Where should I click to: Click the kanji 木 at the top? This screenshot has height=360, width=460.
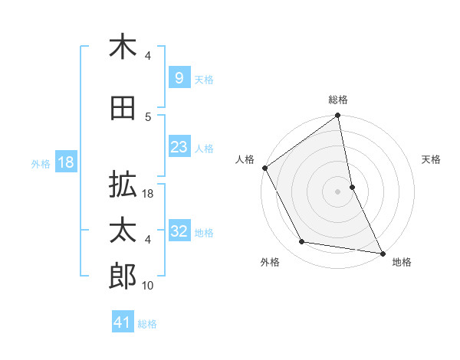pyautogui.click(x=123, y=47)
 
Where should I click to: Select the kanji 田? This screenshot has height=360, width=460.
pyautogui.click(x=123, y=109)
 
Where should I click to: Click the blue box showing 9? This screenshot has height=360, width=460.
pyautogui.click(x=179, y=78)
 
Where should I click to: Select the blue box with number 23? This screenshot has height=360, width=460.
pyautogui.click(x=179, y=148)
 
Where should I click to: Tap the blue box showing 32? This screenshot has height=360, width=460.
pyautogui.click(x=179, y=232)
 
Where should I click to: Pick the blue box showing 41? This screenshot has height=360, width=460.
pyautogui.click(x=123, y=322)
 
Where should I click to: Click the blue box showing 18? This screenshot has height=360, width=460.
pyautogui.click(x=65, y=162)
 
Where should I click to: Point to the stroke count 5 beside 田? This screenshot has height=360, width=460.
pyautogui.click(x=148, y=116)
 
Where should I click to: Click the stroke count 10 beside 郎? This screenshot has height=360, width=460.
pyautogui.click(x=148, y=286)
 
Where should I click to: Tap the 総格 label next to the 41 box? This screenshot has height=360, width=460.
pyautogui.click(x=147, y=324)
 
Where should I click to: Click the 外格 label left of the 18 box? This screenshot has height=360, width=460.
pyautogui.click(x=41, y=163)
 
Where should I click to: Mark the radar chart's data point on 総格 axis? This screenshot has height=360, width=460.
pyautogui.click(x=337, y=116)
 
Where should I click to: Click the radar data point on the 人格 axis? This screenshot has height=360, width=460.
pyautogui.click(x=264, y=168)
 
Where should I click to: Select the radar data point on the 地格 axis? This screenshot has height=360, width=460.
pyautogui.click(x=382, y=252)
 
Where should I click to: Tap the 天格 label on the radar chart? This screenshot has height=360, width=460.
pyautogui.click(x=432, y=159)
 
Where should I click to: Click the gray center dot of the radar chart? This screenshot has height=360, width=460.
pyautogui.click(x=337, y=191)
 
